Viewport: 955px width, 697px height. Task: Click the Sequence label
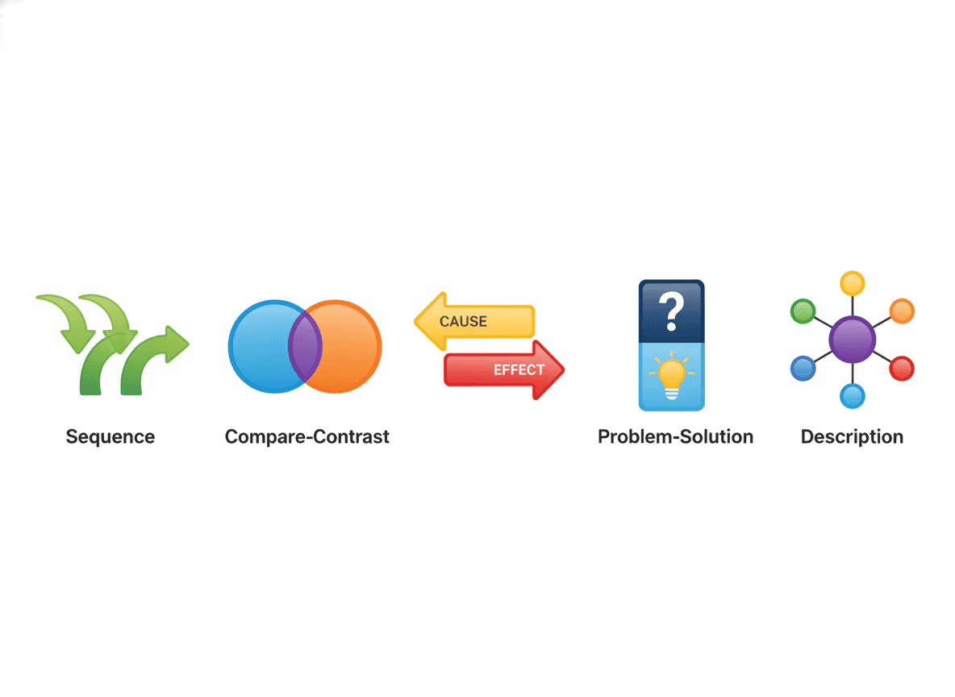(111, 437)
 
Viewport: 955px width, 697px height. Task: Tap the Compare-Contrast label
(307, 437)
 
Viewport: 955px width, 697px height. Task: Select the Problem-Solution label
(675, 437)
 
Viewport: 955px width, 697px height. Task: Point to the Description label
(852, 437)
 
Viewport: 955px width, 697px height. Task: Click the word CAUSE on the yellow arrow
(463, 322)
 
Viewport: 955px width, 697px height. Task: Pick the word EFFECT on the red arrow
(519, 369)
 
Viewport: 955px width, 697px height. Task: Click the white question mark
(671, 311)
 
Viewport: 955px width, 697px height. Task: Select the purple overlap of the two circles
(305, 346)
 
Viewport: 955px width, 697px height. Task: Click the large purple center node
(852, 340)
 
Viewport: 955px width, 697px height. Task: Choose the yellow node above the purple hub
(852, 283)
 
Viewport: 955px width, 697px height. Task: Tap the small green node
(803, 311)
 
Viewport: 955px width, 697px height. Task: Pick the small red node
(902, 368)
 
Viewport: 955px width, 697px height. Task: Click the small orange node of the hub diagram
(902, 311)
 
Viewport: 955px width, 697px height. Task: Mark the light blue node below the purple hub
(852, 397)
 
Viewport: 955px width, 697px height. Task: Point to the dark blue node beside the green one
(803, 368)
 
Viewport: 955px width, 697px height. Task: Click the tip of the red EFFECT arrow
(564, 369)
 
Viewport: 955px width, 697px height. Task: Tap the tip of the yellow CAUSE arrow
(415, 321)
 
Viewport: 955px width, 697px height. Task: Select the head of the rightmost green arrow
(177, 344)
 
